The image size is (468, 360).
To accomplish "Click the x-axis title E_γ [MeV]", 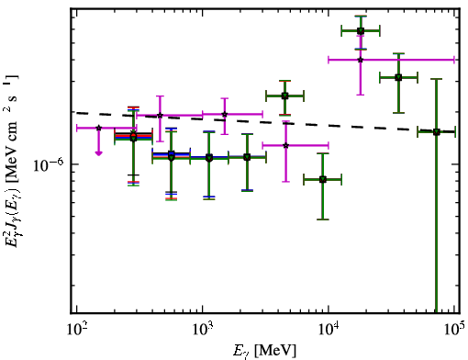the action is point(264,351).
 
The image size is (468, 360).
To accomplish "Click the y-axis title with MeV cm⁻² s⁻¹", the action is point(11,161).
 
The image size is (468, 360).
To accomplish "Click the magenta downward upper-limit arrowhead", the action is point(98,152).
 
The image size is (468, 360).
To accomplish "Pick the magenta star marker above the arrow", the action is point(98,128).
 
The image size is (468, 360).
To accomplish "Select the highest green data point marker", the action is point(361,30).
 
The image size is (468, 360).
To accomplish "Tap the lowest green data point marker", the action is point(323,179).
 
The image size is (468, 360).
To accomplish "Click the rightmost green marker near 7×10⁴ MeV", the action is point(437,132).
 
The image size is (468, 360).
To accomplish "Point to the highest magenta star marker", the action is point(361,60).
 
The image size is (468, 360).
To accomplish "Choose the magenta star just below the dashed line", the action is point(160,115).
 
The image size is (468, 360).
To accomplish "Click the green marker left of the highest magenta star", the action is point(284,96).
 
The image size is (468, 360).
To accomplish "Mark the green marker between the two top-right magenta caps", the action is point(398,77).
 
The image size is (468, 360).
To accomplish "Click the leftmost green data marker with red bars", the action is point(133,137).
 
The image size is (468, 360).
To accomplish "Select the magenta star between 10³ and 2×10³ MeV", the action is point(225,114).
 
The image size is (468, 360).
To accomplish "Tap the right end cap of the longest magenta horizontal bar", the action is point(454,60).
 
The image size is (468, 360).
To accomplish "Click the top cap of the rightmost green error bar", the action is point(437,79).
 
